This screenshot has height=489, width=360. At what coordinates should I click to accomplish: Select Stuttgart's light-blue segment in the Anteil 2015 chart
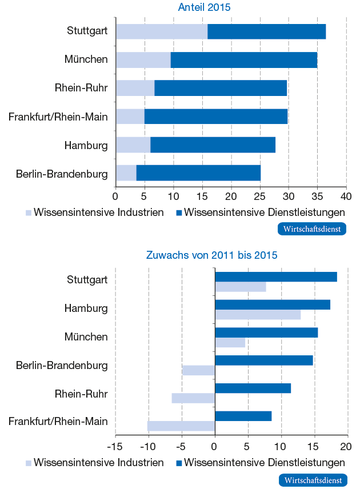(161, 32)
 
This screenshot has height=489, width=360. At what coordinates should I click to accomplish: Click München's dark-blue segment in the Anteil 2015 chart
(243, 60)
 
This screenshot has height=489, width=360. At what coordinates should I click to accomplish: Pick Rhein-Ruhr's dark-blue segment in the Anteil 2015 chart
(221, 88)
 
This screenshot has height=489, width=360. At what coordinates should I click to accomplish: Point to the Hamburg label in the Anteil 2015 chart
(86, 145)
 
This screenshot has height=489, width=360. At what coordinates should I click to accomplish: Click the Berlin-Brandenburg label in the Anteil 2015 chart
(62, 174)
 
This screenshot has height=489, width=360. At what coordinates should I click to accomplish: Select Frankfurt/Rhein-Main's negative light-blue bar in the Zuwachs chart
(181, 426)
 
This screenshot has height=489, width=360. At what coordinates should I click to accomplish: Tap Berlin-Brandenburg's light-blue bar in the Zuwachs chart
(198, 370)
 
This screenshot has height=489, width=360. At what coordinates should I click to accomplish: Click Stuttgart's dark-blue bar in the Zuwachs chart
(275, 276)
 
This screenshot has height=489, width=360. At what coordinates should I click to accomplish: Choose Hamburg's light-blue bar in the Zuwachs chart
(257, 315)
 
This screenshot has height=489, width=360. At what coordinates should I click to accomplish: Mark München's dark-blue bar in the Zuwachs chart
(266, 332)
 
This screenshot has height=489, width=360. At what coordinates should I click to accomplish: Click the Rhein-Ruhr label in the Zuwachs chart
(81, 394)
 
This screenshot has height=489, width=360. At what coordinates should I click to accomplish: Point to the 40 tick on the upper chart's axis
(346, 196)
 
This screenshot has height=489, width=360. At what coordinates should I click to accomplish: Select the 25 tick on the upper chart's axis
(260, 196)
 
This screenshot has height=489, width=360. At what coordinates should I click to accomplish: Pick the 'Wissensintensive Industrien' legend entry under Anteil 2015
(94, 213)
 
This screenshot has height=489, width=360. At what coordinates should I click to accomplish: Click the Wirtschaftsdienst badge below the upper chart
(312, 229)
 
